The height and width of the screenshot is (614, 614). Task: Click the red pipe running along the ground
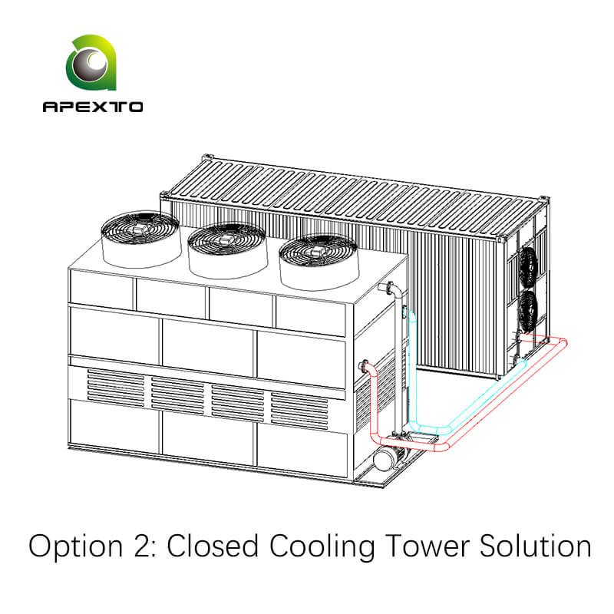tap(491, 391)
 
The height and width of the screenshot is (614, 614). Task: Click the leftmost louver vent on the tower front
tap(115, 388)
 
